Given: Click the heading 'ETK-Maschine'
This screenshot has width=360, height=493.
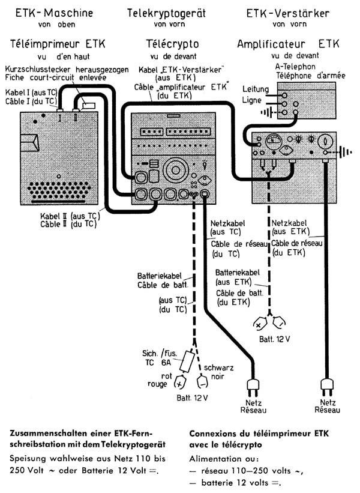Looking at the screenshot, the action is [55, 13].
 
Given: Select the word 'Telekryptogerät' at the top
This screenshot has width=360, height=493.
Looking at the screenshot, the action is [166, 13].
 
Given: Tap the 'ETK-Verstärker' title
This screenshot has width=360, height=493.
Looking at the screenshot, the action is [288, 13].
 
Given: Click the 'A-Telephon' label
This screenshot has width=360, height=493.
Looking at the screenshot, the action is [295, 66].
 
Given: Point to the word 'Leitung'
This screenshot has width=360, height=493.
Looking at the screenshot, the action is [256, 89].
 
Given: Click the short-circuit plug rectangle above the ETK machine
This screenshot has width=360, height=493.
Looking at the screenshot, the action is [89, 105].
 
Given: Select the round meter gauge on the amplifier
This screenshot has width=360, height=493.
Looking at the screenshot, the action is [274, 142].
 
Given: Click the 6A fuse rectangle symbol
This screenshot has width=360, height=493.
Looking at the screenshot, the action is [186, 361].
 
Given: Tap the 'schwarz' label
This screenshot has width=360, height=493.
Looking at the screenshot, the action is [218, 367].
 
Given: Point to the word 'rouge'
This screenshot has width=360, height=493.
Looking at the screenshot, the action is [157, 384].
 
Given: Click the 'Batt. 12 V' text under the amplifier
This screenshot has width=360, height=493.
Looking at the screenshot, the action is [274, 339].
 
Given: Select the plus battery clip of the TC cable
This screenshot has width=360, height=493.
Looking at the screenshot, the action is [179, 381].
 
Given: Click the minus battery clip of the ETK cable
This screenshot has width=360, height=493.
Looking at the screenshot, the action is [278, 322].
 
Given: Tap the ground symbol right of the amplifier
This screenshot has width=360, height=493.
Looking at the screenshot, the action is [343, 152].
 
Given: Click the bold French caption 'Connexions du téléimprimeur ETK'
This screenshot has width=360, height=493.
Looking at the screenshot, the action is [259, 434].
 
